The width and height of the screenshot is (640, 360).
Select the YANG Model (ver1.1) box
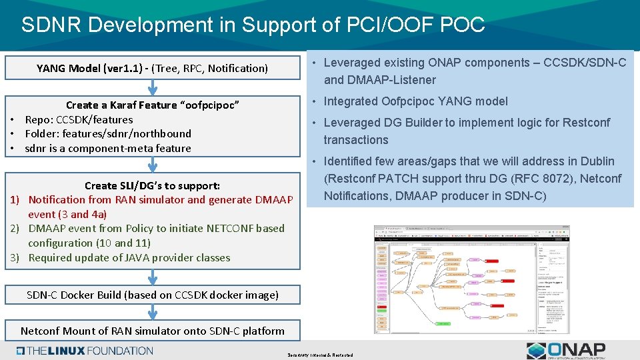click(153, 68)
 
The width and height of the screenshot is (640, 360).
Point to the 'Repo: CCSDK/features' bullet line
click(79, 120)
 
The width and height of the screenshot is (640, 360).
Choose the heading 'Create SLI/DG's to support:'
click(152, 185)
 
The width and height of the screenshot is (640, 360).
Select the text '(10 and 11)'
click(123, 243)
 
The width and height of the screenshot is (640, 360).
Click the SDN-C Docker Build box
click(153, 295)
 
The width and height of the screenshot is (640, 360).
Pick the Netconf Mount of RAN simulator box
click(153, 331)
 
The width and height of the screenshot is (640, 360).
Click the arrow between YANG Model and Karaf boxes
click(153, 87)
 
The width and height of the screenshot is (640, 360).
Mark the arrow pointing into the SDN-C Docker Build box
click(153, 276)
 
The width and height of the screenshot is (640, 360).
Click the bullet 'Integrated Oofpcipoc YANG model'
click(415, 101)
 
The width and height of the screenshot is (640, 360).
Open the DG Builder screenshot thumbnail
click(471, 279)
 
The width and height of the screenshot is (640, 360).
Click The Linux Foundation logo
click(85, 351)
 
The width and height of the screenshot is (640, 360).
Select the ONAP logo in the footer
click(566, 351)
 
